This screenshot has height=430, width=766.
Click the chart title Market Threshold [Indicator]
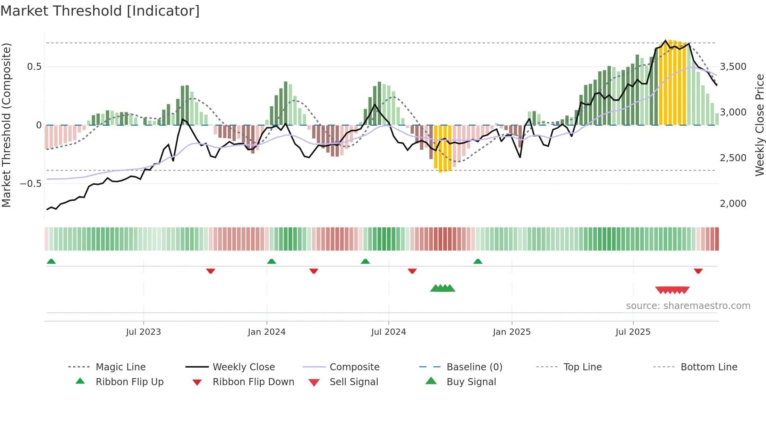point(100,11)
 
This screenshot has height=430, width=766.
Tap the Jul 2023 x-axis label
point(143,332)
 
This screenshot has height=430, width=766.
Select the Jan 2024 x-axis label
point(267,332)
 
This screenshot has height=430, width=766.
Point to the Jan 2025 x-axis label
point(512,332)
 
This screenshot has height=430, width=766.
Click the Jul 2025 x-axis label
point(633,332)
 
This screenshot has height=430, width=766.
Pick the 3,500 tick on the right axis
point(733,67)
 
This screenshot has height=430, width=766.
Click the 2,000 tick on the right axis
point(733,204)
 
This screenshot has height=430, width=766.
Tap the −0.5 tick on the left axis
point(31,184)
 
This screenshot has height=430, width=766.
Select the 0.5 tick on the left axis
point(34,67)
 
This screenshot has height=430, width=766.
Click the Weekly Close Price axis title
point(759,125)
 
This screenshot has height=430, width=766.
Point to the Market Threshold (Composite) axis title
point(6,125)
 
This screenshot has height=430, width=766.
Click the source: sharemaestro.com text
point(688,306)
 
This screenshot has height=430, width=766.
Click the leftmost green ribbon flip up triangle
point(51,261)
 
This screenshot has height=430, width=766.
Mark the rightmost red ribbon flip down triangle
point(698,271)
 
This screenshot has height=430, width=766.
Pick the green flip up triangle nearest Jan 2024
point(272,261)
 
